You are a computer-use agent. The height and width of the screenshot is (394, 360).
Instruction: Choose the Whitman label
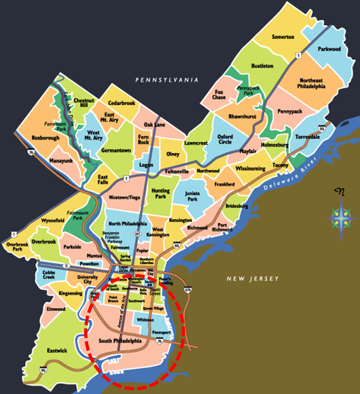[x=145, y=320]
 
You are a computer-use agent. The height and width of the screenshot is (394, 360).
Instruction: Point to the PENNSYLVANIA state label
[x=166, y=80]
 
